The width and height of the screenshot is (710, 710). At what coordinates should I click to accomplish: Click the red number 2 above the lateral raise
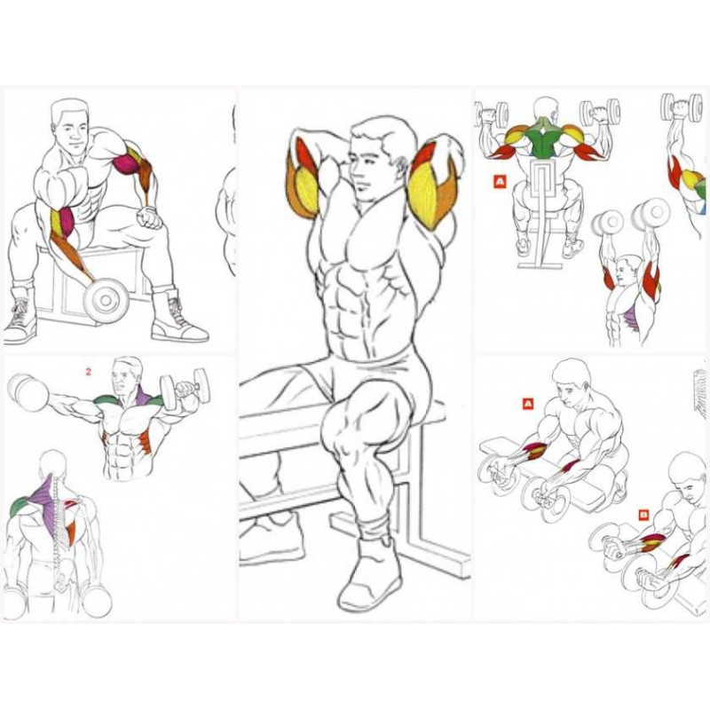(88, 372)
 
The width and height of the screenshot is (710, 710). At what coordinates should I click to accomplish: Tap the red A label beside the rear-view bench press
(500, 182)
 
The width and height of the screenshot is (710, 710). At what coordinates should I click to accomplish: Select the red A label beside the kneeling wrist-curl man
(528, 404)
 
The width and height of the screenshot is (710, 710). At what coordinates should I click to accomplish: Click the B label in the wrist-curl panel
(643, 515)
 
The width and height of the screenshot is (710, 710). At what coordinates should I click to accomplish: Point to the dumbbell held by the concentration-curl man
(106, 300)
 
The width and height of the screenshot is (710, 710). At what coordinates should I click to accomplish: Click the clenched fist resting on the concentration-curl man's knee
(150, 217)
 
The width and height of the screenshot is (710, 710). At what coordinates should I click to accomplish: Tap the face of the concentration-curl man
(72, 130)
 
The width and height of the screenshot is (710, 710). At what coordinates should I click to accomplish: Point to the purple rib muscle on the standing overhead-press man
(628, 315)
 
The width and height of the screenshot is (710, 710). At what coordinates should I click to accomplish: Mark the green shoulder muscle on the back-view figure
(19, 506)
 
